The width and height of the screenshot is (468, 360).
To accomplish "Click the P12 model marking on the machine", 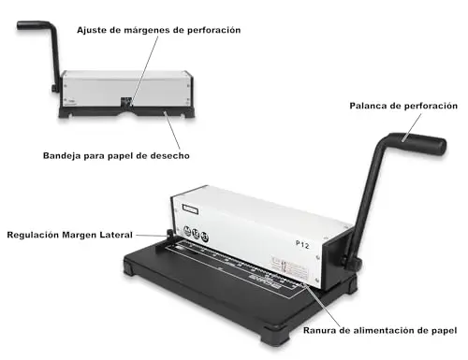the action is pos(302,245).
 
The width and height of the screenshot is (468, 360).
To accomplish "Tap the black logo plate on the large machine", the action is pos(190,209).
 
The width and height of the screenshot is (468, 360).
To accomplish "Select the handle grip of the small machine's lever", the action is pos(33,25).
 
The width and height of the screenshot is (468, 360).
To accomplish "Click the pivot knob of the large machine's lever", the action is pos(352,263).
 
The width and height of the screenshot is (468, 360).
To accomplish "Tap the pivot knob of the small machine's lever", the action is pos(54,89).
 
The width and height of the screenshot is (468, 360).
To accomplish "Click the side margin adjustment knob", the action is pos(169,235).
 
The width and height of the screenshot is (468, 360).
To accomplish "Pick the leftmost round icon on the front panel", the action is pos(187,231).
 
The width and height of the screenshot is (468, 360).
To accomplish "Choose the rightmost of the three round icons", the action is pos(204,237).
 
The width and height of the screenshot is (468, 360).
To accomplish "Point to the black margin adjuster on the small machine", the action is pos(126,102).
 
